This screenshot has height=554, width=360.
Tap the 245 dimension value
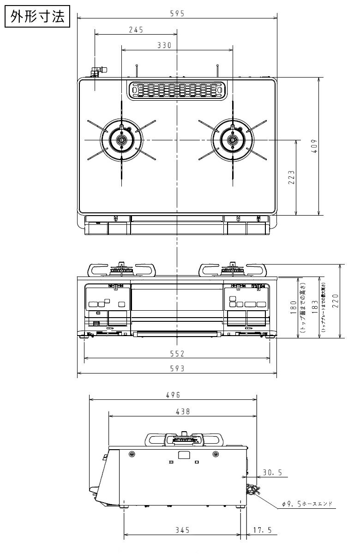click(x=136, y=30)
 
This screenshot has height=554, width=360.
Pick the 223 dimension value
click(x=291, y=177)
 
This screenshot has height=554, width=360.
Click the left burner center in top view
click(x=121, y=139)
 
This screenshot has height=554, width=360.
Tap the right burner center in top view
click(x=233, y=139)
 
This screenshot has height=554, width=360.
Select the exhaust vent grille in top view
click(x=177, y=90)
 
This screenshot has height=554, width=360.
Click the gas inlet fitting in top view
click(x=98, y=72)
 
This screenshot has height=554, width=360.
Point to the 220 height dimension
click(x=348, y=301)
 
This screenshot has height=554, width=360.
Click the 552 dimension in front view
click(x=177, y=354)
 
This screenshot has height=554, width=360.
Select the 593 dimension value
click(x=177, y=368)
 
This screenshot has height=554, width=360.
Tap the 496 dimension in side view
click(x=173, y=395)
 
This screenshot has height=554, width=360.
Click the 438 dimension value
click(x=182, y=411)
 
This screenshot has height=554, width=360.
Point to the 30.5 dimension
click(x=272, y=472)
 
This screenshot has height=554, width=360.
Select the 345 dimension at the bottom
click(x=182, y=530)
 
